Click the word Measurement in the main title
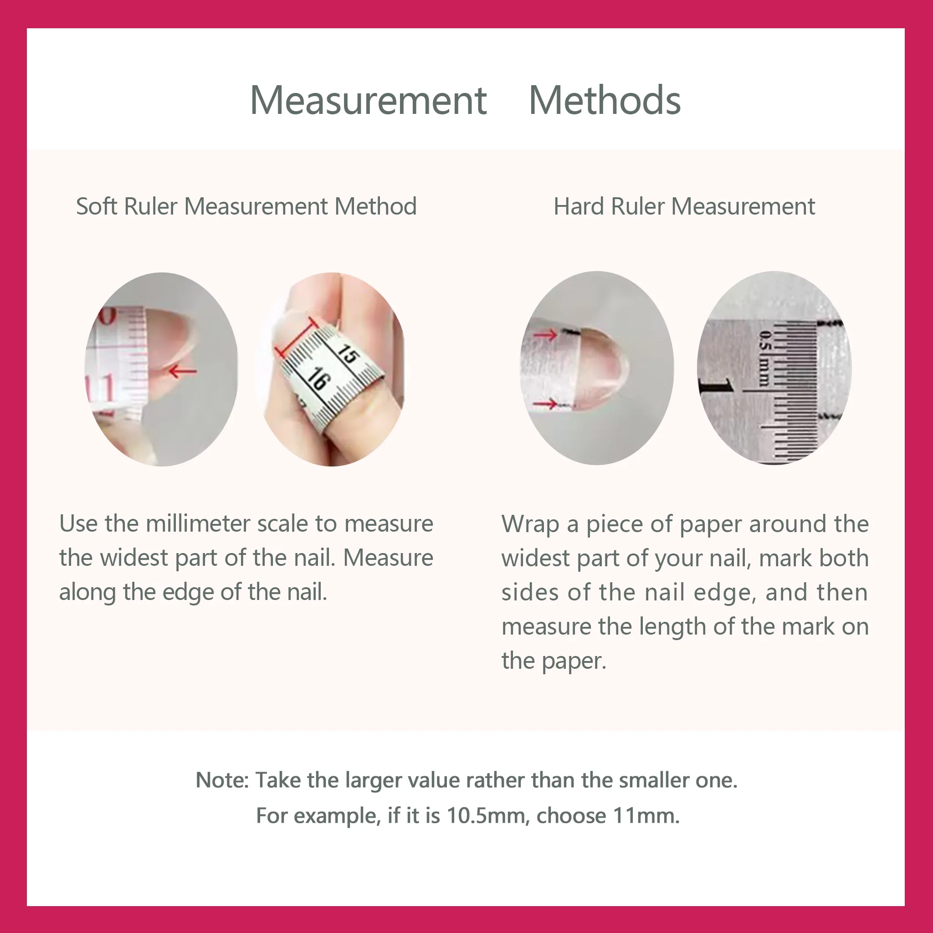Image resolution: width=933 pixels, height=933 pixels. [369, 100]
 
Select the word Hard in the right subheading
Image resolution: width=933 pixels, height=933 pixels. [579, 206]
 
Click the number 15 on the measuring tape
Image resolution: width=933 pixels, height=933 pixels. [348, 354]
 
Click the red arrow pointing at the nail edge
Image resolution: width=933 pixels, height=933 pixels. [183, 371]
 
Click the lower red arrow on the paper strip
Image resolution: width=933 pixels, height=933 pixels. [547, 403]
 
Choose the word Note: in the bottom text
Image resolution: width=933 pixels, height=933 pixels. [222, 780]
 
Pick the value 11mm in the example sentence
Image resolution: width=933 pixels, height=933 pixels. [646, 815]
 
